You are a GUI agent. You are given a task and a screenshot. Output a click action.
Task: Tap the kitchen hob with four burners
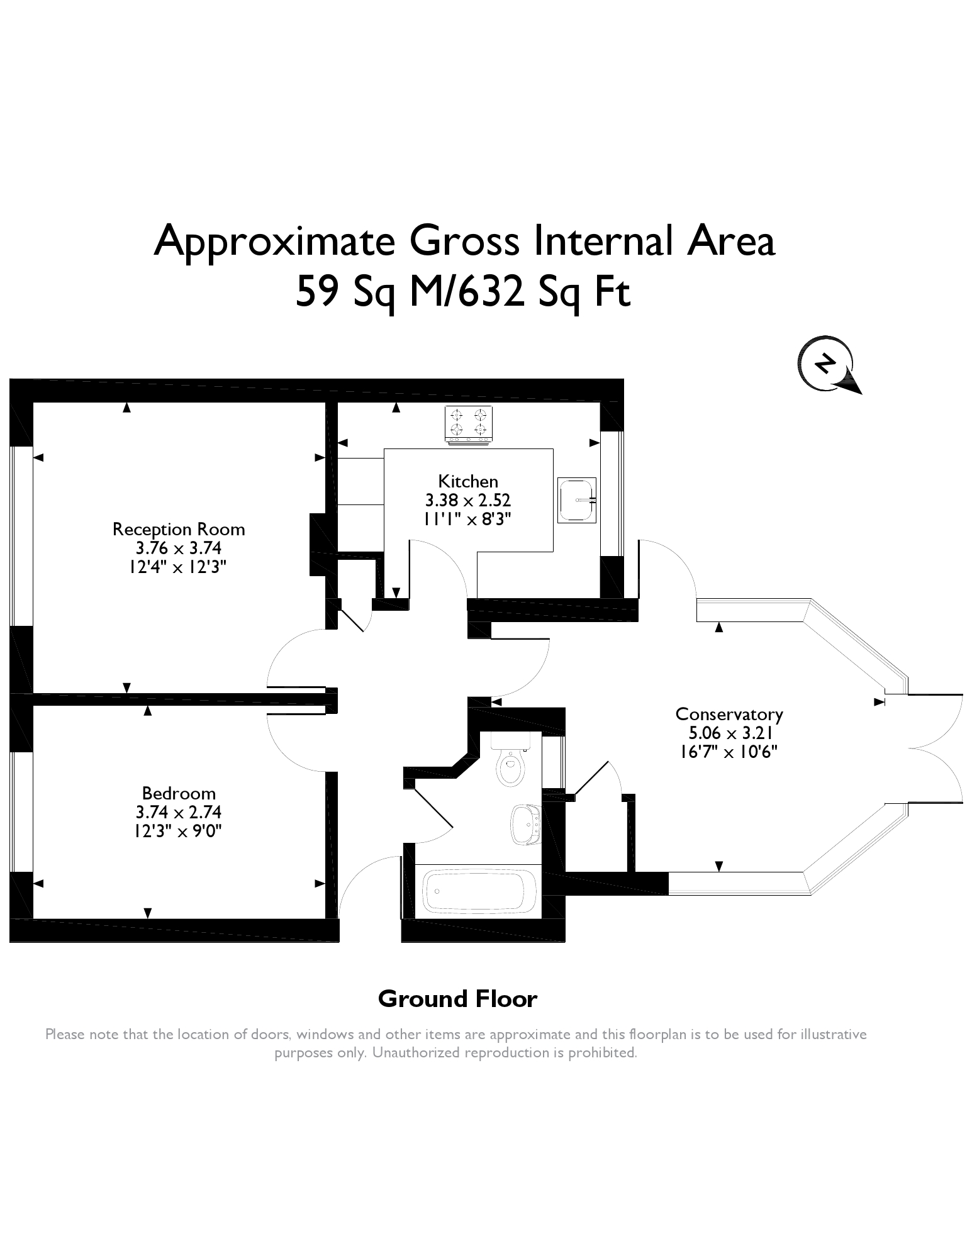pyautogui.click(x=469, y=425)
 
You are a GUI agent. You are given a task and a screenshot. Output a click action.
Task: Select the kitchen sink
pyautogui.click(x=577, y=499)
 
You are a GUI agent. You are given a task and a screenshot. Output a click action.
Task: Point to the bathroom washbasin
pyautogui.click(x=525, y=825)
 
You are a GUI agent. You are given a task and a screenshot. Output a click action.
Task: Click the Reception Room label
pyautogui.click(x=179, y=529)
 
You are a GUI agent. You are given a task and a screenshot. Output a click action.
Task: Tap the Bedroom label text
pyautogui.click(x=179, y=793)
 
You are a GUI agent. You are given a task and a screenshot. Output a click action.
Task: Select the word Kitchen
pyautogui.click(x=468, y=481)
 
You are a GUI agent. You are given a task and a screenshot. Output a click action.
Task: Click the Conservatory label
pyautogui.click(x=729, y=715)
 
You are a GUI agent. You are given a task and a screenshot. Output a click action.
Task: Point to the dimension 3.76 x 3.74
pyautogui.click(x=179, y=548)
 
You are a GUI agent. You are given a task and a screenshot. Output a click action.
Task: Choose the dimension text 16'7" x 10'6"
pyautogui.click(x=729, y=752)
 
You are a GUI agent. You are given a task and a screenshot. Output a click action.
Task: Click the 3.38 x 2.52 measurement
pyautogui.click(x=468, y=500)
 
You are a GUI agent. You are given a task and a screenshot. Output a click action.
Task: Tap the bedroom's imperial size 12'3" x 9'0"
pyautogui.click(x=179, y=831)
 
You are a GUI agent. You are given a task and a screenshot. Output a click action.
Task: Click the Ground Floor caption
pyautogui.click(x=457, y=999)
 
